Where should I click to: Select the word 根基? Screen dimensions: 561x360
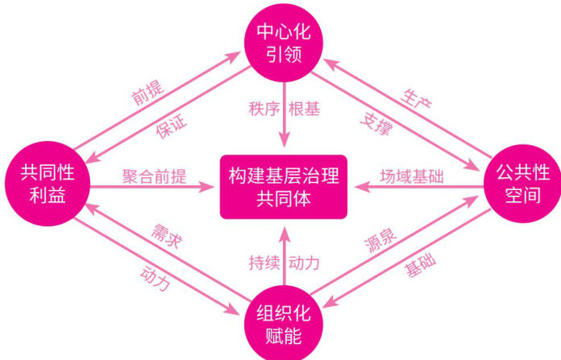[x=305, y=109]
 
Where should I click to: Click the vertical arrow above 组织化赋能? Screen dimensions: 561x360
[x=283, y=254]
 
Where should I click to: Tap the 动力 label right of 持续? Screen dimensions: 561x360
[x=305, y=263]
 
